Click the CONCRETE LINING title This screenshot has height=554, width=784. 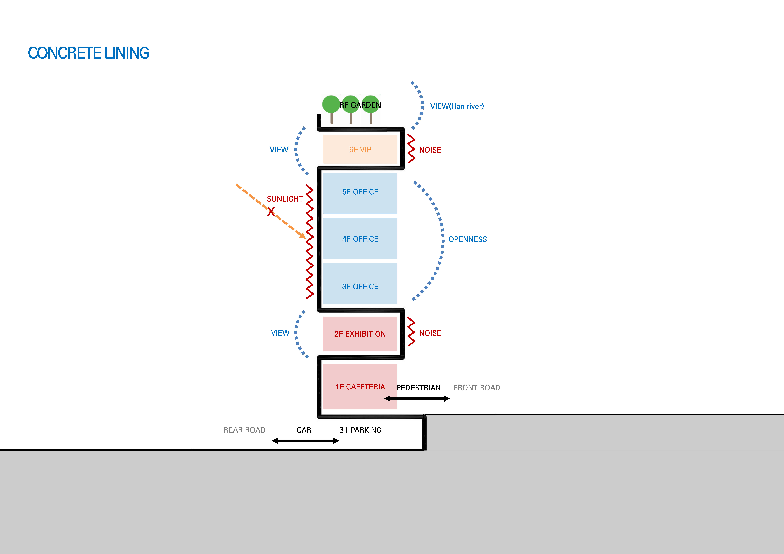tap(88, 53)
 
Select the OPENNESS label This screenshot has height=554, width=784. tap(467, 239)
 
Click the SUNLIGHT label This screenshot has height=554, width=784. tap(285, 199)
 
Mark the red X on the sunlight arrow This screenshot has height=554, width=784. tap(271, 212)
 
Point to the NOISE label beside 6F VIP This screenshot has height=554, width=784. tap(430, 150)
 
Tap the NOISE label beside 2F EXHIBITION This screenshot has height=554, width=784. tap(430, 333)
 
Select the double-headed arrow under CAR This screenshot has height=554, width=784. tap(305, 441)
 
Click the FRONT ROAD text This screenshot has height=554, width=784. tap(477, 388)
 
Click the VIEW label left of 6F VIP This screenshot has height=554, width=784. tap(279, 150)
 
